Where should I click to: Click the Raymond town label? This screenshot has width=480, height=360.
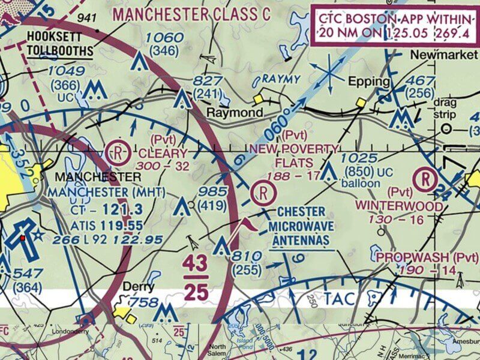235,113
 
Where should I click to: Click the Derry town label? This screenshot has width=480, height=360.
139,287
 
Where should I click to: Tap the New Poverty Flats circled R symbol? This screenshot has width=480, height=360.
263,193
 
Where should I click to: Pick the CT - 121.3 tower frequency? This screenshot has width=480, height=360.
106,209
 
